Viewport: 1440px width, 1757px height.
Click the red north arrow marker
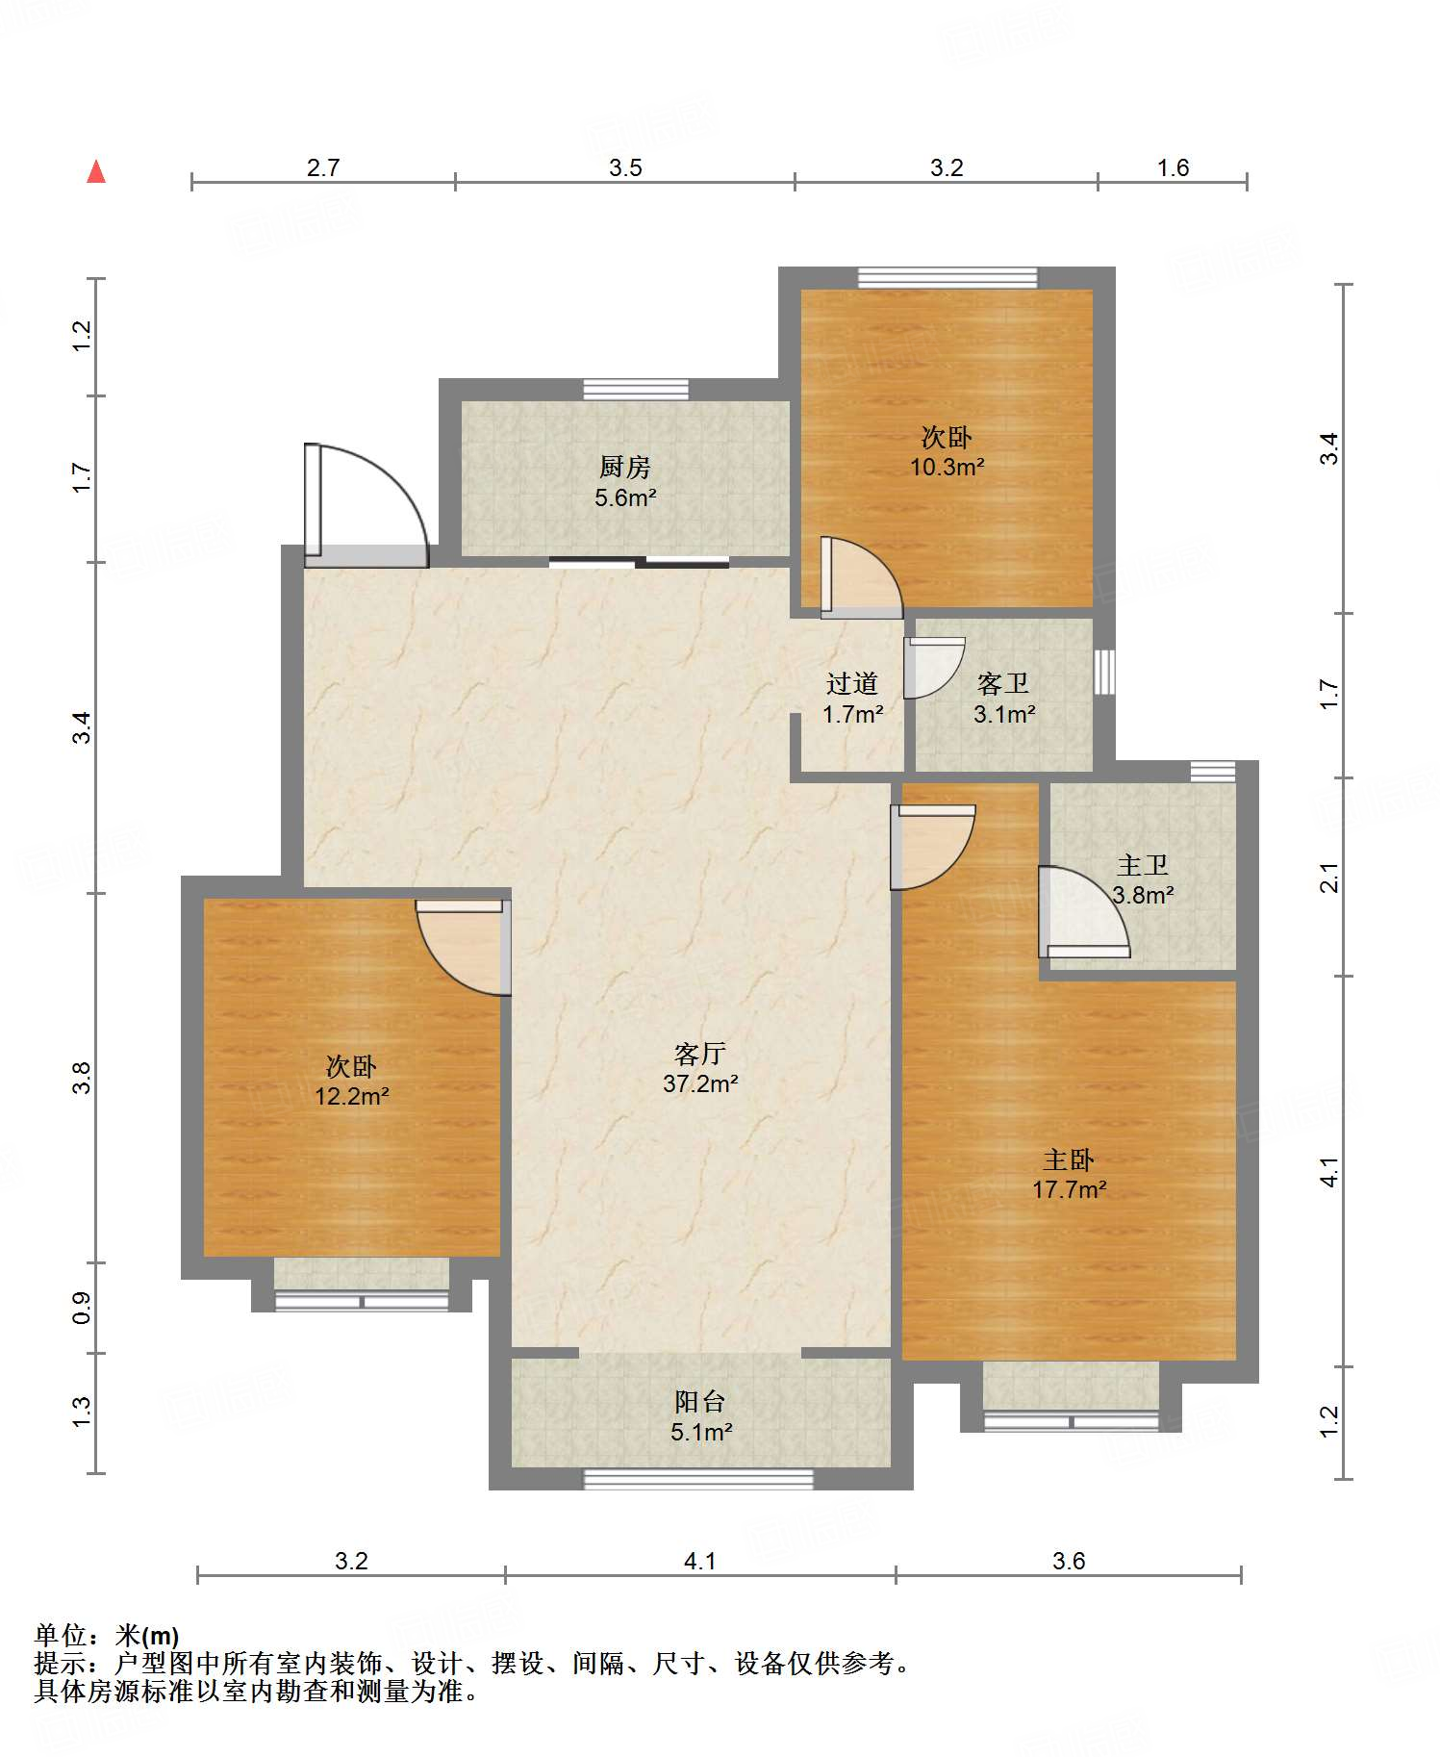[x=96, y=171]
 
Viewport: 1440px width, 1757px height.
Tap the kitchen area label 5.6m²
[x=625, y=497]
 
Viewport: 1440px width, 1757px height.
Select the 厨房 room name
[x=625, y=467]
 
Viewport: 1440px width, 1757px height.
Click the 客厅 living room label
[x=700, y=1053]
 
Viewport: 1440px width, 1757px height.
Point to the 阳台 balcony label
[x=700, y=1401]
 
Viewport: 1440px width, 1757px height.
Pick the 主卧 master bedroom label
[x=1069, y=1159]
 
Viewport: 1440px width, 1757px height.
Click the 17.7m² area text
[x=1069, y=1189]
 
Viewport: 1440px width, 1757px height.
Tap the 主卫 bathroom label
[x=1143, y=865]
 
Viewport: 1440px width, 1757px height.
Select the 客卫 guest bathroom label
[x=1003, y=683]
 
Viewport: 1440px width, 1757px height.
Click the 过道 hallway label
[x=852, y=683]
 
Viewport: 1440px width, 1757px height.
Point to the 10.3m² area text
[x=947, y=468]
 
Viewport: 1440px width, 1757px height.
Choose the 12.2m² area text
[x=352, y=1096]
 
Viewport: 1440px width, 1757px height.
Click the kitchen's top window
[x=636, y=389]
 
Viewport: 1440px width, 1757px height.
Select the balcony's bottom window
[x=698, y=1478]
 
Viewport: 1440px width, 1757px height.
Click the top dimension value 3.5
[x=625, y=167]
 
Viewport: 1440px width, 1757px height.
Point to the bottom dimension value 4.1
[x=700, y=1561]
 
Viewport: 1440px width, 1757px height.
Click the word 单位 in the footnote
[x=61, y=1635]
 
